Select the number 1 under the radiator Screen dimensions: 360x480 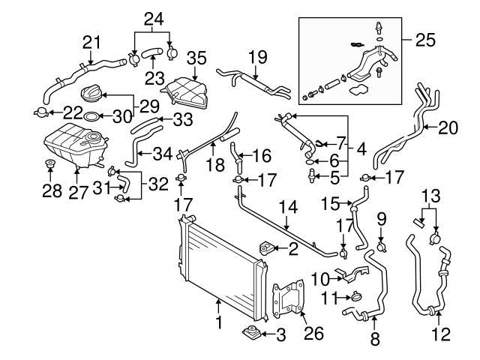tap(218, 324)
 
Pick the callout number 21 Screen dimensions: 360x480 tap(91, 41)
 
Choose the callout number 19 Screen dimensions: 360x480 tap(257, 55)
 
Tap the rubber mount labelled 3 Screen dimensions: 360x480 tap(251, 333)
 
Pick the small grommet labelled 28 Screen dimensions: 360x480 tap(52, 166)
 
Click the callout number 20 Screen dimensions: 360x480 tap(448, 128)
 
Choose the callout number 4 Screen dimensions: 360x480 tap(361, 149)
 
